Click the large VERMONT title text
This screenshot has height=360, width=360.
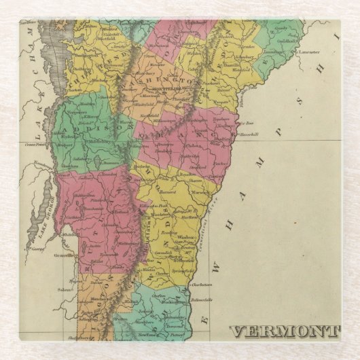point(284,332)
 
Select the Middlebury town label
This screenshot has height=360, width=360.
point(82,135)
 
